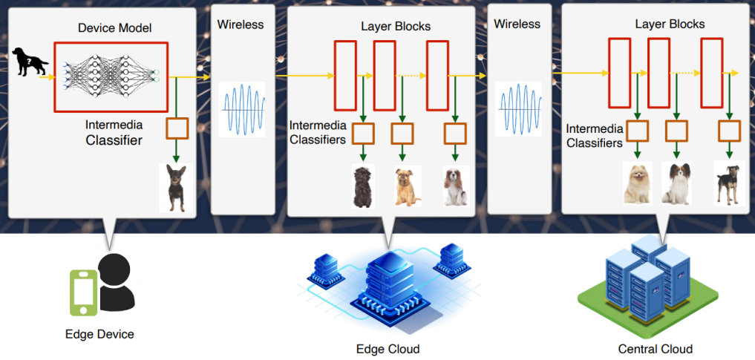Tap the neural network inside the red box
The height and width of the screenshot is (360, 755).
point(111,76)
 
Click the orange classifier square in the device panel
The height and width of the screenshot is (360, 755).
point(177,128)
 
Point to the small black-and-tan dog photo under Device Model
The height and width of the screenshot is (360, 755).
point(176,188)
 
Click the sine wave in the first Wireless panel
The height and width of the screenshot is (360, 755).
point(243,109)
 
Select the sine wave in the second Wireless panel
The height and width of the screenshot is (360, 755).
point(518,109)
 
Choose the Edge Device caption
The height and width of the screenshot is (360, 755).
point(99,334)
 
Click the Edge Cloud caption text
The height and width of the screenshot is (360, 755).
point(388,349)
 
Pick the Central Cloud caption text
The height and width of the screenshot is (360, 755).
point(655,349)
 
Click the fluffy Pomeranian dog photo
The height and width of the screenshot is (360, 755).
point(637,183)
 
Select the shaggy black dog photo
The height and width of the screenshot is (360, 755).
point(362,186)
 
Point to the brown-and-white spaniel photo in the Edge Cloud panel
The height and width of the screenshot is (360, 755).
point(454,186)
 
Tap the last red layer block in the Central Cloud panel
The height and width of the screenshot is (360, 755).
point(711,73)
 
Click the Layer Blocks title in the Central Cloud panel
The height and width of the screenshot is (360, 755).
point(670,24)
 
